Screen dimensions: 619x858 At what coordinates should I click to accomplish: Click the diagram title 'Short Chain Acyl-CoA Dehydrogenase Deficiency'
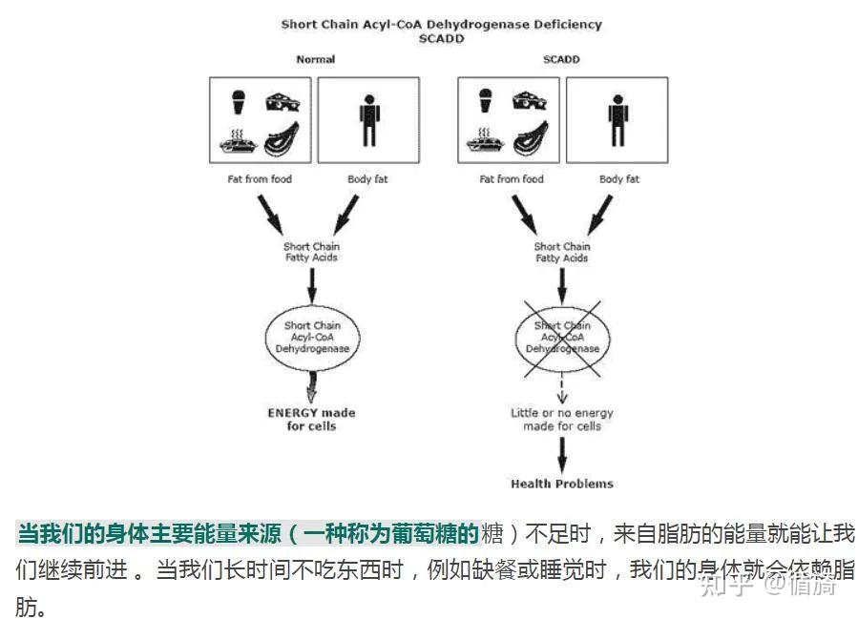[x=441, y=24]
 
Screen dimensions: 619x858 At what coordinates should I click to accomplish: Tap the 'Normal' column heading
[x=315, y=59]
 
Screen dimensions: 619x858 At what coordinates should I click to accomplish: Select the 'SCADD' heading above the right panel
[x=561, y=59]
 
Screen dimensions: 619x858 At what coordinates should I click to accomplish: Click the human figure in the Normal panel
[x=368, y=120]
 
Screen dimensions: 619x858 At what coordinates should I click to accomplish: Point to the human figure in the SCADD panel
[x=617, y=120]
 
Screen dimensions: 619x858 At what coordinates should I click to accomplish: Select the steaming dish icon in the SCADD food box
[x=486, y=141]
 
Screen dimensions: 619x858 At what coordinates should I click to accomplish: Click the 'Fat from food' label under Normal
[x=253, y=179]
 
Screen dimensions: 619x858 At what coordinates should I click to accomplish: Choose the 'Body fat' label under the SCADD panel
[x=618, y=179]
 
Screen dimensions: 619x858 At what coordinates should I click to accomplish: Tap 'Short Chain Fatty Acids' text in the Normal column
[x=311, y=252]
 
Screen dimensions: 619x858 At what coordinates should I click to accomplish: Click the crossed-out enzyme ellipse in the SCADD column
[x=562, y=337]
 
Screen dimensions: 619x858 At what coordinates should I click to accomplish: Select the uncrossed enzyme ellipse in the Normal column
[x=311, y=337]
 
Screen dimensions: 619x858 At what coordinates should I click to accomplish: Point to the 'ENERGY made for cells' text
[x=311, y=420]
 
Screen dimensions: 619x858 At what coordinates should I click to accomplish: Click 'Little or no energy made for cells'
[x=562, y=420]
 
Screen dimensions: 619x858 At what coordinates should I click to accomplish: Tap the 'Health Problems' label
[x=562, y=484]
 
